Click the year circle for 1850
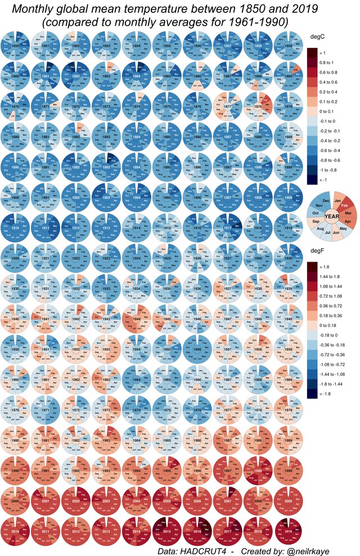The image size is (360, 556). pos(16,44)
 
